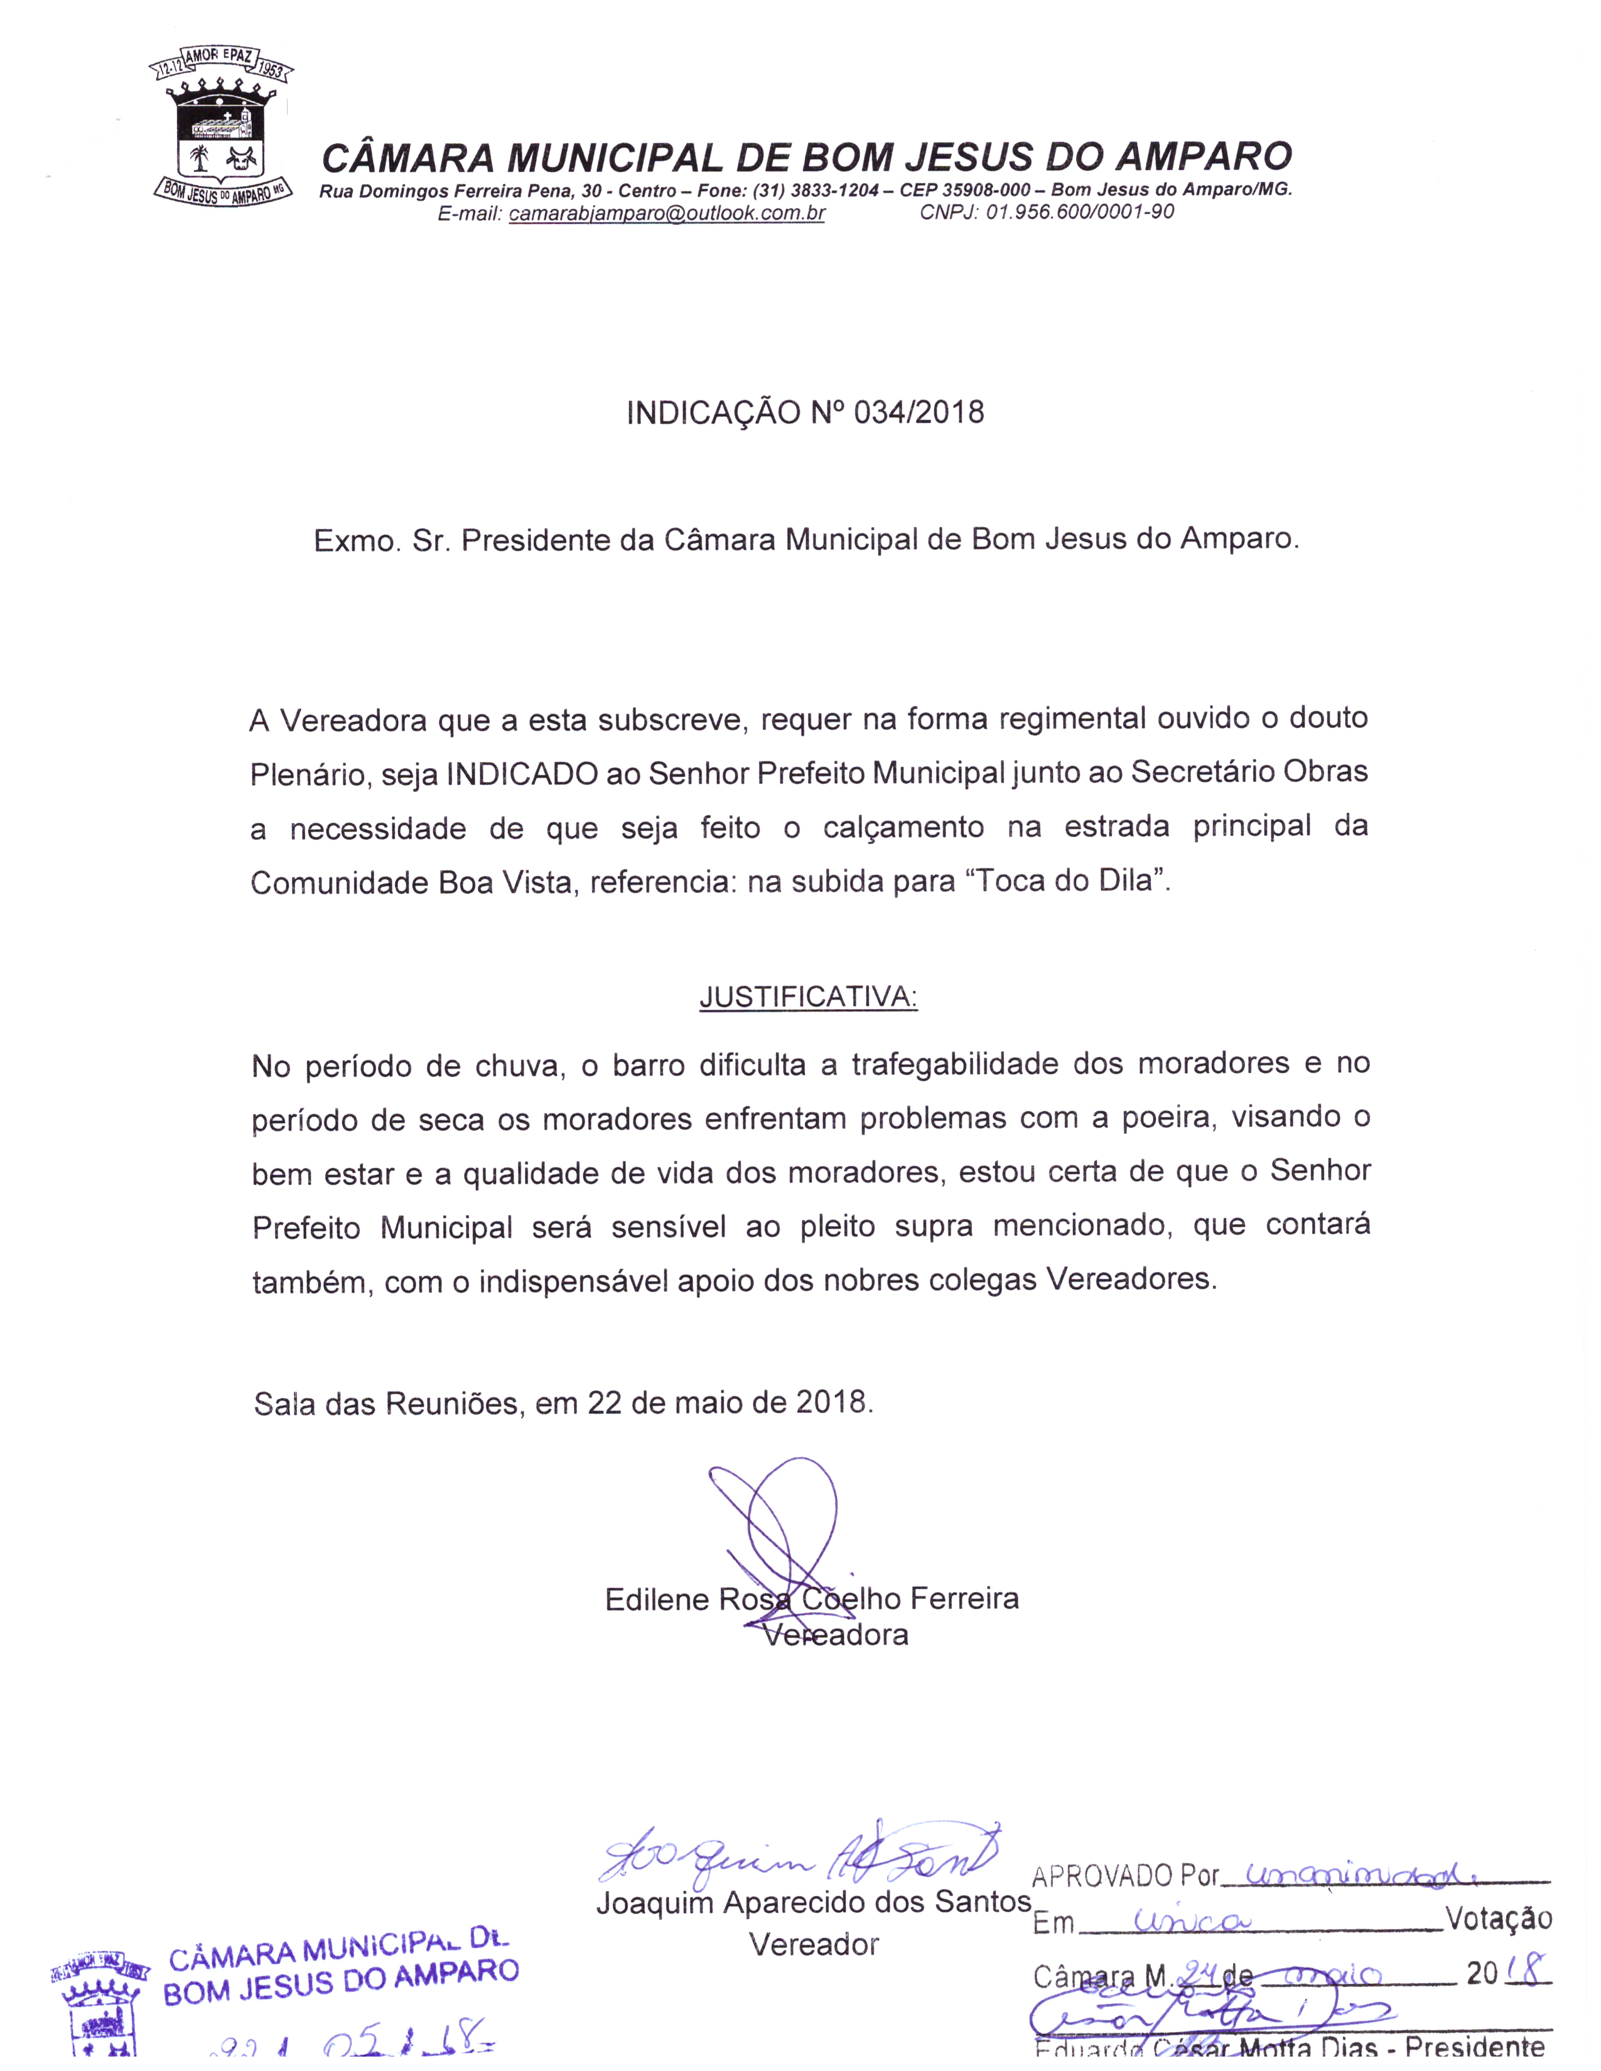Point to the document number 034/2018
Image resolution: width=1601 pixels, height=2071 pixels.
click(x=918, y=414)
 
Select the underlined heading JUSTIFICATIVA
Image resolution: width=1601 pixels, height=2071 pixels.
click(x=808, y=998)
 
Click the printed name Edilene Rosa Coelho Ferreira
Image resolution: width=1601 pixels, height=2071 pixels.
click(x=812, y=1600)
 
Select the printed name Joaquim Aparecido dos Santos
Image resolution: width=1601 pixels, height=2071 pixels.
click(x=813, y=1903)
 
